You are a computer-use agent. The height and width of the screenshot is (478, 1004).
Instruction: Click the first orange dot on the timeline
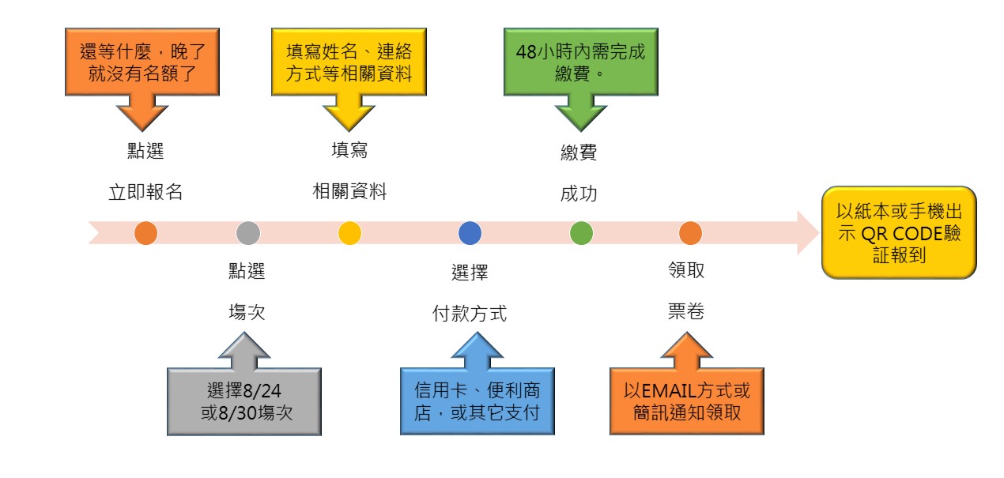(145, 233)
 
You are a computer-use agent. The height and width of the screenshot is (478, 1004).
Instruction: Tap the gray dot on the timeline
(248, 233)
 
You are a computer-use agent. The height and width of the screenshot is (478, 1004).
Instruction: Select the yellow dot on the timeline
(349, 233)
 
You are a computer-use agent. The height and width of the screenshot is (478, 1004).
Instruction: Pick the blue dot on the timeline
(470, 233)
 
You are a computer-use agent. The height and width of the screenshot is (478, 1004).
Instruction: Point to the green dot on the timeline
(581, 233)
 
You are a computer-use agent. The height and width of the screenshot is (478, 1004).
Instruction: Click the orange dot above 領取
(691, 233)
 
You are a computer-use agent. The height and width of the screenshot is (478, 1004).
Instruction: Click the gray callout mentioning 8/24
(243, 401)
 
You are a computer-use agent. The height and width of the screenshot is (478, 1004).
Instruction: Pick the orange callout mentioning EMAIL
(686, 401)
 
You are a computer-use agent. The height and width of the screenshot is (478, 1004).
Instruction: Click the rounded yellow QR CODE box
(899, 233)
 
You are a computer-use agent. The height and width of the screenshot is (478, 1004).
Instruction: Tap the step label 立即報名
(145, 192)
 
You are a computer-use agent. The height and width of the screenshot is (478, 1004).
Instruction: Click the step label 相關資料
(349, 191)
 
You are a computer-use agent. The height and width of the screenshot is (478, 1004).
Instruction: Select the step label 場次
(246, 314)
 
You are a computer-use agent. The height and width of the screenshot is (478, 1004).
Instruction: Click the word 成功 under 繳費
(579, 194)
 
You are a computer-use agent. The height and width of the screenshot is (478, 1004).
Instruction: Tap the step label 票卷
(685, 314)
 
